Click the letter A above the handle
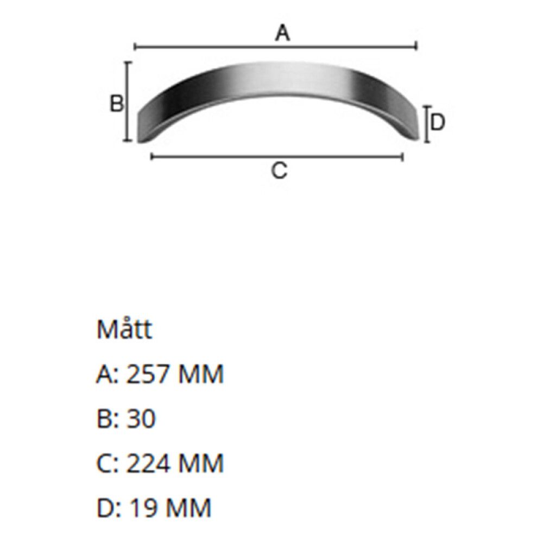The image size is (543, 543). (x=282, y=34)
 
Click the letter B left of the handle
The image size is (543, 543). (x=117, y=103)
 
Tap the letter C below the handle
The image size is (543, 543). (x=279, y=171)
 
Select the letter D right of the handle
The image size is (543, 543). (x=437, y=123)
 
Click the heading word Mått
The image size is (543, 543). (x=124, y=330)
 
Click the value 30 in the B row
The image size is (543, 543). (x=141, y=419)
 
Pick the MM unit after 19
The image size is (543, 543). (x=188, y=508)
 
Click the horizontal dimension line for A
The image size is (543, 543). (x=217, y=48)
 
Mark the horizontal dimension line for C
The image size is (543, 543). (x=217, y=157)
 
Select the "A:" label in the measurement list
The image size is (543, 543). (x=108, y=375)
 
